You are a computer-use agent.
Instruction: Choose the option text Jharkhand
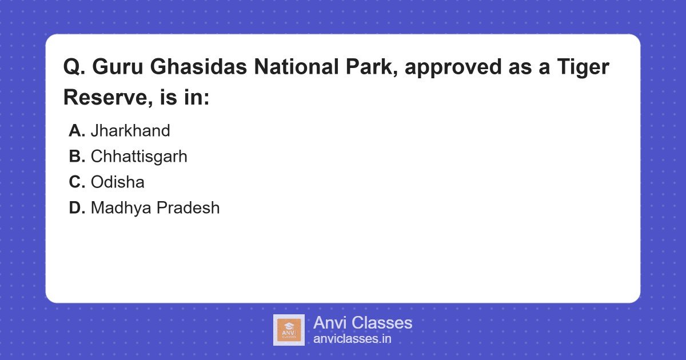pyautogui.click(x=130, y=131)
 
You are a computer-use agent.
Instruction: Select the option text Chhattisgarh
pyautogui.click(x=139, y=157)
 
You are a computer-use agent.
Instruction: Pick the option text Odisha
pyautogui.click(x=117, y=182)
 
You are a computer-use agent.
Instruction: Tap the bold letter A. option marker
pyautogui.click(x=77, y=131)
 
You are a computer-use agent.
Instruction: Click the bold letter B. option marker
pyautogui.click(x=77, y=157)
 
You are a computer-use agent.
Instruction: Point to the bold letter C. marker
pyautogui.click(x=77, y=182)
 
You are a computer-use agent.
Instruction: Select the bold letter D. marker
pyautogui.click(x=77, y=208)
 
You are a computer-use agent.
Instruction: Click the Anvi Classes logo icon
pyautogui.click(x=289, y=330)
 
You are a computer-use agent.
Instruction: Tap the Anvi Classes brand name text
pyautogui.click(x=362, y=323)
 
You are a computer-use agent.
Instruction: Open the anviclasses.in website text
pyautogui.click(x=352, y=339)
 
